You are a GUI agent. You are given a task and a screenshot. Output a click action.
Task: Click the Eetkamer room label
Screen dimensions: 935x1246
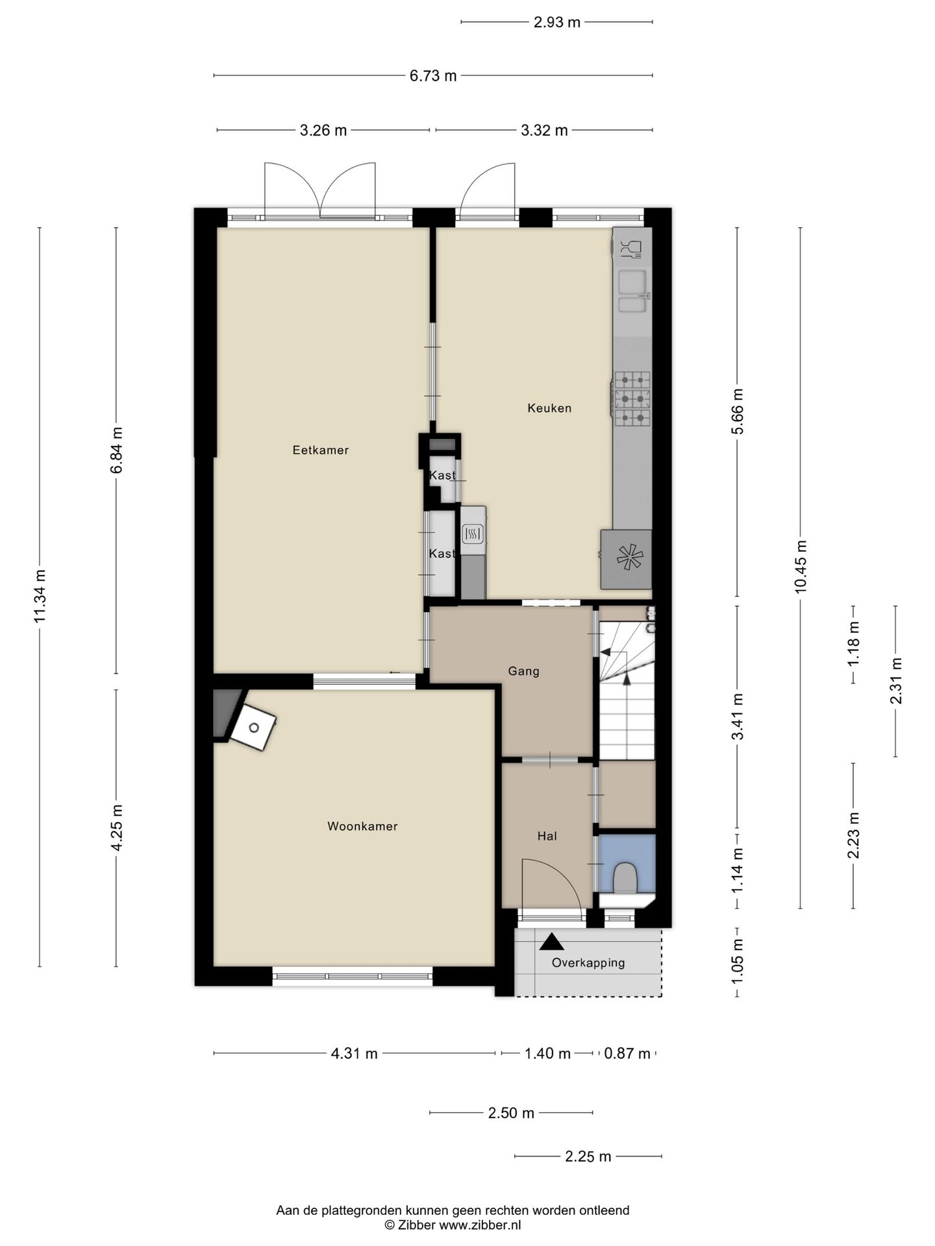(x=320, y=450)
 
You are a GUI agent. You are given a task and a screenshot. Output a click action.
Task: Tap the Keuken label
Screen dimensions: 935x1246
(x=549, y=408)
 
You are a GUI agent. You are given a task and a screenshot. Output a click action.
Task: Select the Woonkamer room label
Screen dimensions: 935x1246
(x=362, y=826)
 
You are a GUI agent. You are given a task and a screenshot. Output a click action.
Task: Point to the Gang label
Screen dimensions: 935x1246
(x=523, y=671)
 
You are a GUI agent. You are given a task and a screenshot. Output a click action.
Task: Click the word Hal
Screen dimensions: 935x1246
(x=547, y=836)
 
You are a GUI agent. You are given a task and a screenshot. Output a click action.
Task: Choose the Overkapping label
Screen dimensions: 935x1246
(x=588, y=963)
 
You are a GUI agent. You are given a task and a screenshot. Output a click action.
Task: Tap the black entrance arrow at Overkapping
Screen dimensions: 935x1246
(x=552, y=942)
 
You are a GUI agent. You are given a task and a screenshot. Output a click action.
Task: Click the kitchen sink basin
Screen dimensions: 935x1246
(x=632, y=283)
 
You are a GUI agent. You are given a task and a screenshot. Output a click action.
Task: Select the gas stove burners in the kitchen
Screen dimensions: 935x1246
(x=632, y=398)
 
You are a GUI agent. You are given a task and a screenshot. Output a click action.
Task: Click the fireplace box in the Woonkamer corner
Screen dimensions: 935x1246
(x=253, y=727)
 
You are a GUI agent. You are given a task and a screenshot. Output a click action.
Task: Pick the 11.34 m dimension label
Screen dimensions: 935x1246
(x=40, y=596)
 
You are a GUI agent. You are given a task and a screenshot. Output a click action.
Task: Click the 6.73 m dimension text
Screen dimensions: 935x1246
(x=433, y=76)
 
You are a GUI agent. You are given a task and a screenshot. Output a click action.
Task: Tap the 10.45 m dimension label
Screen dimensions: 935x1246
(x=800, y=567)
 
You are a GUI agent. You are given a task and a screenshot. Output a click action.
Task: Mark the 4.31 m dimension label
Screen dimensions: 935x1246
(x=355, y=1053)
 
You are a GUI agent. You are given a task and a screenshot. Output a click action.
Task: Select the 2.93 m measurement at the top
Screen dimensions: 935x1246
(x=557, y=22)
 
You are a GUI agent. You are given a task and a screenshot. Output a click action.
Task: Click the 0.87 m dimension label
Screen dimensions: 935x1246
(x=627, y=1053)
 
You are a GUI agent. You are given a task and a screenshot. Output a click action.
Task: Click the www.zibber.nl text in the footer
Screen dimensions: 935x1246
(x=480, y=1225)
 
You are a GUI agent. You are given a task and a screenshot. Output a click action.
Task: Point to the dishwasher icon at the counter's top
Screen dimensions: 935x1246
(x=630, y=248)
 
